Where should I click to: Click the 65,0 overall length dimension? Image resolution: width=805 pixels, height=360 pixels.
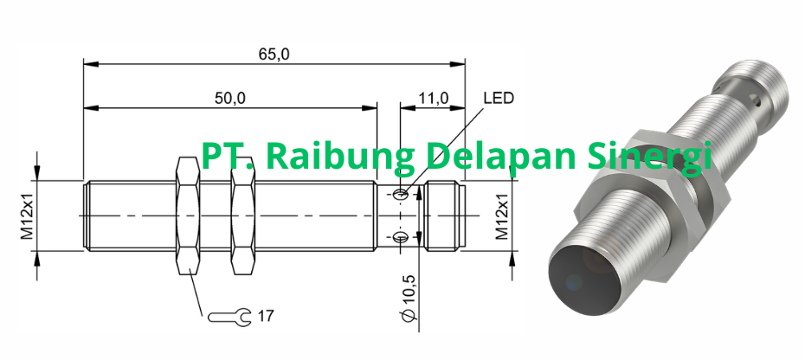pyautogui.click(x=273, y=54)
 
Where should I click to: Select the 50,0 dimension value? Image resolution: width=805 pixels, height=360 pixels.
pyautogui.click(x=230, y=98)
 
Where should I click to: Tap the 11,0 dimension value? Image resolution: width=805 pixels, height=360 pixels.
pyautogui.click(x=432, y=98)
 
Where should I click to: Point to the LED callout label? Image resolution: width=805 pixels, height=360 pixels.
pyautogui.click(x=499, y=98)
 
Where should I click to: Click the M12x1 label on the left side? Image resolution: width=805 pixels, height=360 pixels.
pyautogui.click(x=27, y=215)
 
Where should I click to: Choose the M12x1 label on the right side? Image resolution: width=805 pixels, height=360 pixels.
pyautogui.click(x=501, y=215)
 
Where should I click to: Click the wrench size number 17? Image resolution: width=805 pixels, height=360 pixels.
pyautogui.click(x=265, y=316)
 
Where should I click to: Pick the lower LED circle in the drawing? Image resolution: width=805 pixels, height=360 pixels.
pyautogui.click(x=400, y=237)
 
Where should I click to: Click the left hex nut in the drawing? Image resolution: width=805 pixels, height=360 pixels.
pyautogui.click(x=189, y=215)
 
